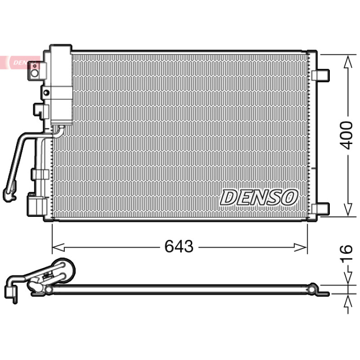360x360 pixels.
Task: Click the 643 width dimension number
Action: tap(179, 246)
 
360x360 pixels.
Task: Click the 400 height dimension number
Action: tap(346, 135)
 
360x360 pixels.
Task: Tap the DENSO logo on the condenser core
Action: tap(259, 197)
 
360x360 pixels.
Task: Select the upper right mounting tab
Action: tap(320, 75)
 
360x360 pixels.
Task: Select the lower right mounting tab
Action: tap(320, 208)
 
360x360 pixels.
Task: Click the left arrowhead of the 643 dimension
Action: tap(58, 247)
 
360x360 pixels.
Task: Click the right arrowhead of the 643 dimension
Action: tap(301, 247)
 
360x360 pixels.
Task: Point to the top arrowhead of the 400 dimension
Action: tap(348, 61)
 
